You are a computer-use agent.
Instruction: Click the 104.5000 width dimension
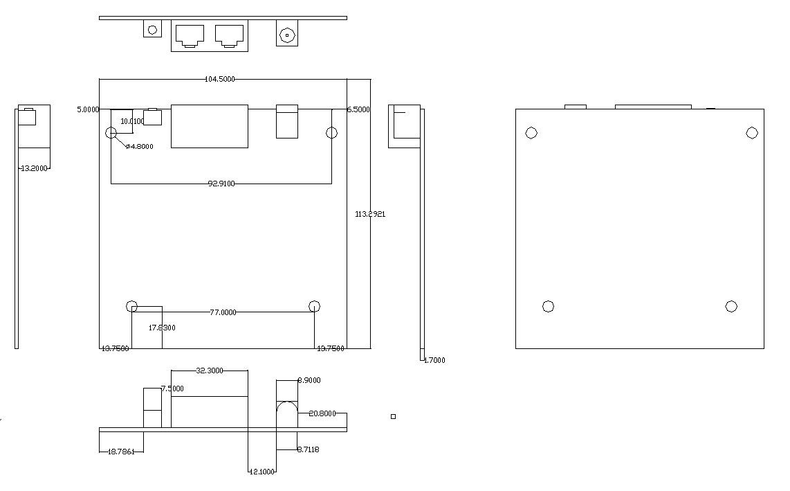(220, 79)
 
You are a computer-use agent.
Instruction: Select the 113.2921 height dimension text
(370, 214)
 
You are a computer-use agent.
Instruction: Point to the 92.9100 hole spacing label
(221, 184)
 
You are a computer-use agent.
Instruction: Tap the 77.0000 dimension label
(223, 312)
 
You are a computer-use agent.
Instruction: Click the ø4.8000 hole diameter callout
(139, 146)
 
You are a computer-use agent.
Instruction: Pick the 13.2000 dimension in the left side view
(35, 168)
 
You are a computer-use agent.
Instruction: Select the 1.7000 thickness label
(434, 360)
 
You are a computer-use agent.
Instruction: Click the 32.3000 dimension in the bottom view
(210, 371)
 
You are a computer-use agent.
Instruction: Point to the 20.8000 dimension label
(322, 413)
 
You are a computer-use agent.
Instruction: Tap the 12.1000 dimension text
(262, 472)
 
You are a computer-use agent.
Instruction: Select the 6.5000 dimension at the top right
(358, 109)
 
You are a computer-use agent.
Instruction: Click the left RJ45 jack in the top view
(190, 35)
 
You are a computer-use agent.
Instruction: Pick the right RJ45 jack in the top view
(229, 35)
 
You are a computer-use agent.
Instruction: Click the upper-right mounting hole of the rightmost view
(752, 133)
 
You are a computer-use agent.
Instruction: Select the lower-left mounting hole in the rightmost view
(548, 306)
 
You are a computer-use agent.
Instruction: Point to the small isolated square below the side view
(393, 416)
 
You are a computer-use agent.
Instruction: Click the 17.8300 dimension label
(163, 328)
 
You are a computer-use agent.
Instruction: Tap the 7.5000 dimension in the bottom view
(172, 389)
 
